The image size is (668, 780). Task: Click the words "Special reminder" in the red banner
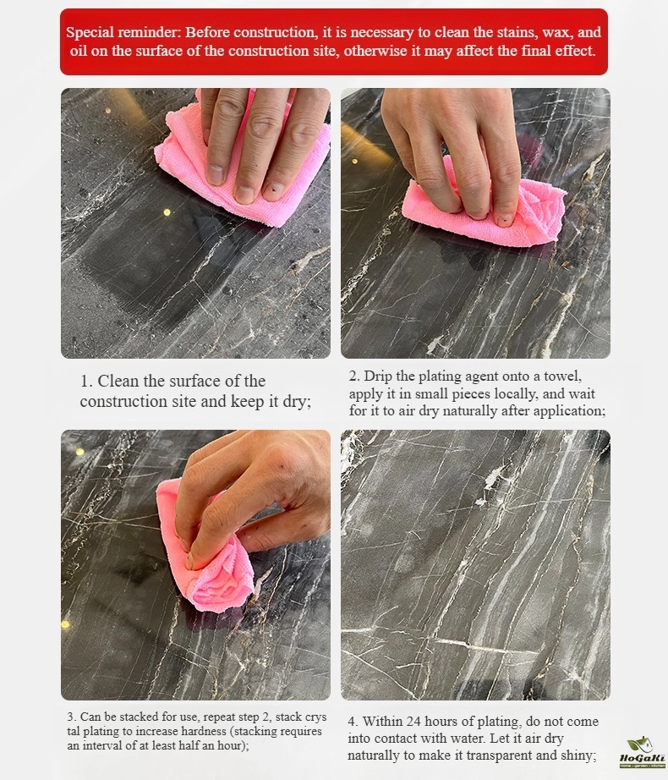(123, 33)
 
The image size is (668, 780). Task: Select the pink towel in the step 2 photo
(484, 210)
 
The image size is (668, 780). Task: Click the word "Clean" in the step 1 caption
(118, 381)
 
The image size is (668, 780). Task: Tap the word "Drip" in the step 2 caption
(377, 376)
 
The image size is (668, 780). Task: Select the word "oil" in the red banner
(79, 51)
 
